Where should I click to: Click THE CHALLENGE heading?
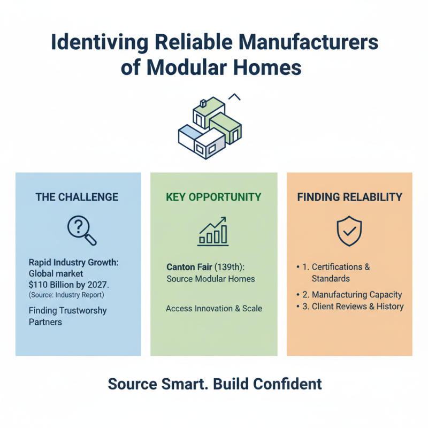pyautogui.click(x=77, y=197)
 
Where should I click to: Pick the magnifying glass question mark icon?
pyautogui.click(x=81, y=231)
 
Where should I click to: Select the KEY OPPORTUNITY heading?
pyautogui.click(x=213, y=197)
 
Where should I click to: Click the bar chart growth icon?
pyautogui.click(x=213, y=231)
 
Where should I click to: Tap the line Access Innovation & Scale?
pyautogui.click(x=214, y=309)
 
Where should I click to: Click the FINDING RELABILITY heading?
pyautogui.click(x=349, y=197)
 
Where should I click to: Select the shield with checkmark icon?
pyautogui.click(x=349, y=231)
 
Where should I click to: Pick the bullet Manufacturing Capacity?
pyautogui.click(x=356, y=295)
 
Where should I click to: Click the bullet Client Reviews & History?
pyautogui.click(x=357, y=307)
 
